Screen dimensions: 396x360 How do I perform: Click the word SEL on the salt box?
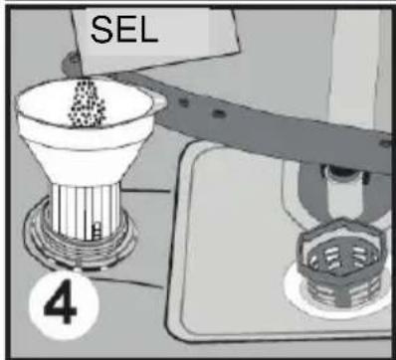click(x=123, y=30)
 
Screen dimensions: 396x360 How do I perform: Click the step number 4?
click(x=62, y=302)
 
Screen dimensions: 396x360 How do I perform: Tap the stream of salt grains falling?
click(x=87, y=103)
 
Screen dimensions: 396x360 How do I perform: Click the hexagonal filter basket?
click(x=341, y=262)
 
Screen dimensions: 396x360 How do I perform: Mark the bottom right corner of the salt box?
click(x=239, y=52)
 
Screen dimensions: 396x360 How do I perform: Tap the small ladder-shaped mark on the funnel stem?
click(x=97, y=231)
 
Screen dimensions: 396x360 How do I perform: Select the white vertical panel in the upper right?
click(x=356, y=67)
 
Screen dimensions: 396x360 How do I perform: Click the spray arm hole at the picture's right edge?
click(x=385, y=144)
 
